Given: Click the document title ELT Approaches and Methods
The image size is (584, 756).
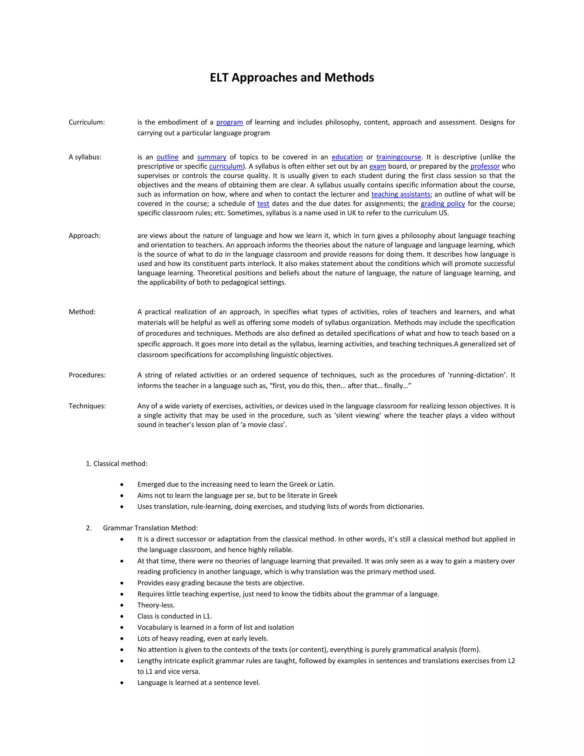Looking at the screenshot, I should (292, 77).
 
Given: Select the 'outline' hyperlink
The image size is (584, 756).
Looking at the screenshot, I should (167, 157).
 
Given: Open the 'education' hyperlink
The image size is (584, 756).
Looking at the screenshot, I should (347, 157).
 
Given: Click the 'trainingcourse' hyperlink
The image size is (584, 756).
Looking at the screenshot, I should (399, 157).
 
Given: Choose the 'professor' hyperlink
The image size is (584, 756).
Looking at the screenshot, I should (485, 167).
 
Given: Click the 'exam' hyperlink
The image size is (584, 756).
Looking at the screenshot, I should (378, 167).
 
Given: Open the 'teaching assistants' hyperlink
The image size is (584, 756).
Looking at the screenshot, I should (401, 195).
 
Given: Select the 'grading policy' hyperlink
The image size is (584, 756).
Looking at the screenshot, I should (443, 204).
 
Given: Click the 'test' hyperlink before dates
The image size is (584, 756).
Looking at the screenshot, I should (263, 204).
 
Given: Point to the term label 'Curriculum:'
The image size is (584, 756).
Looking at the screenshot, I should (86, 122).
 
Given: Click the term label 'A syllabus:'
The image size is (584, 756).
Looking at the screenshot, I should (85, 157).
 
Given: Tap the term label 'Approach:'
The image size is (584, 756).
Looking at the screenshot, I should (84, 236).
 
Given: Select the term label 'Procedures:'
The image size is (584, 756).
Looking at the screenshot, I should (87, 375).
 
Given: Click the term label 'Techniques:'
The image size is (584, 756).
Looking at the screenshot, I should (87, 406).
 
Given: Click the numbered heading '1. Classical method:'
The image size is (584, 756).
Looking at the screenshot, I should (117, 464).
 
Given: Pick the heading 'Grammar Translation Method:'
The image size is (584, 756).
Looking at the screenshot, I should (150, 528).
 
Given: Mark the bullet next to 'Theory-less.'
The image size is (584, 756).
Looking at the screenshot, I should (122, 605).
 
